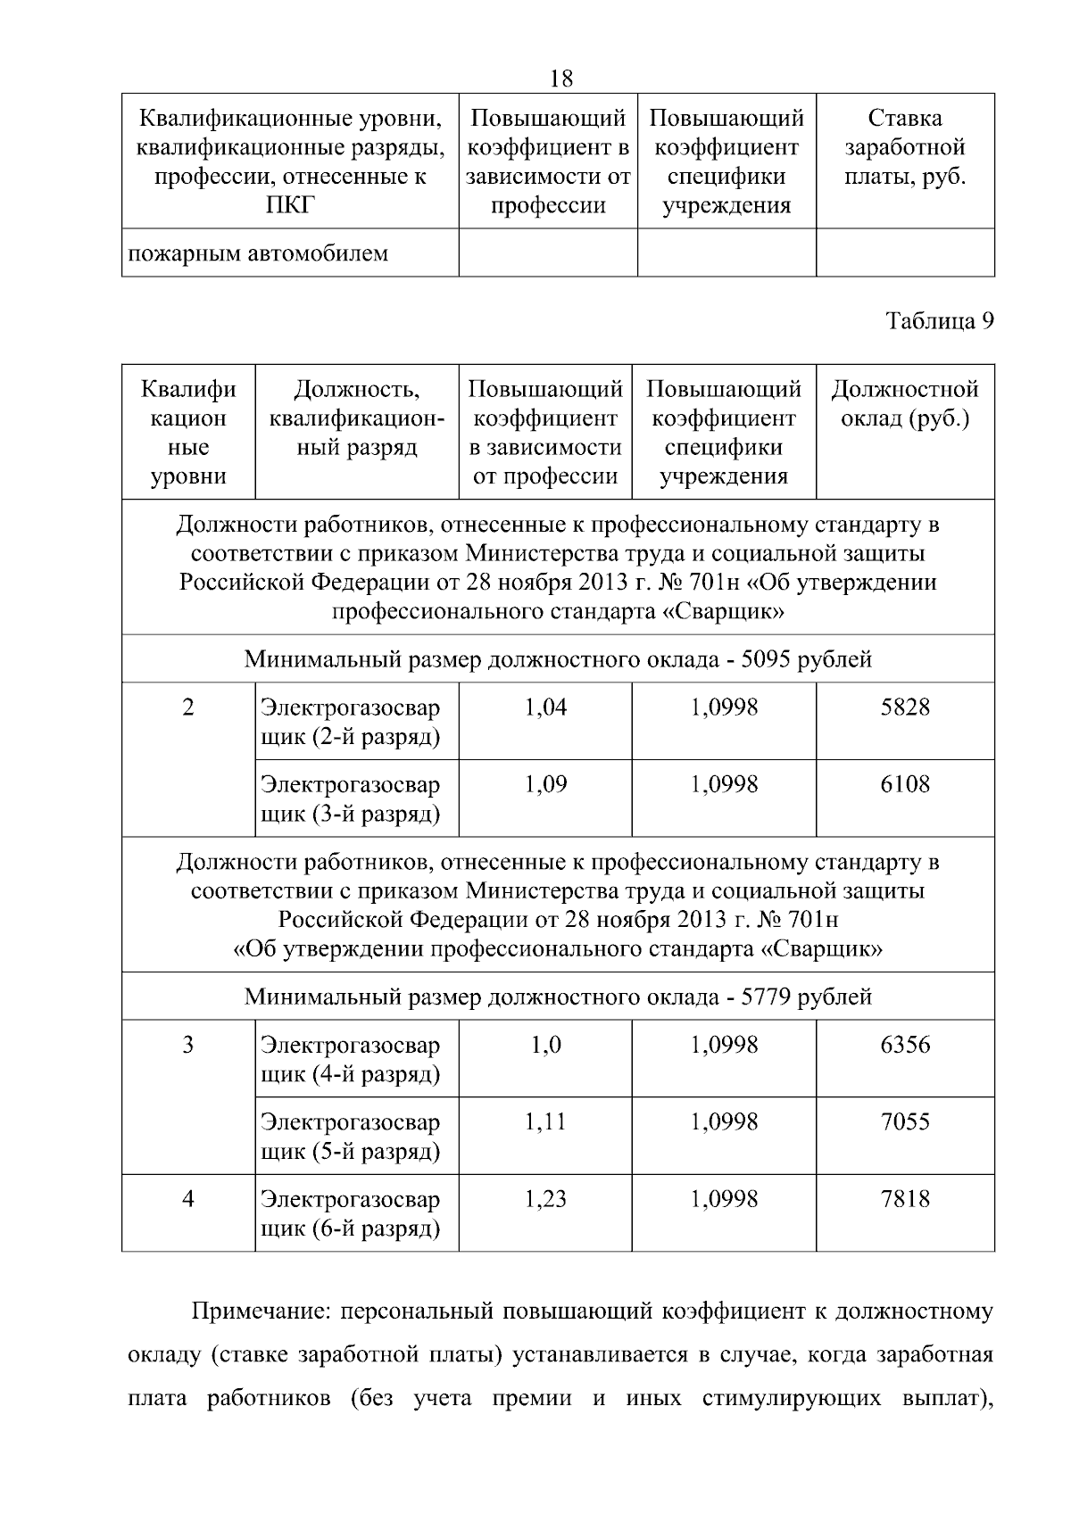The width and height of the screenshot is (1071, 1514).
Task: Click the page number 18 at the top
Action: [x=561, y=79]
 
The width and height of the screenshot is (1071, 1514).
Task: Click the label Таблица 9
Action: [x=939, y=321]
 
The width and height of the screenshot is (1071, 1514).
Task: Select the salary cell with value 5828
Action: [x=905, y=708]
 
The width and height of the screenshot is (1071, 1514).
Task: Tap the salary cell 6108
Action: [x=905, y=785]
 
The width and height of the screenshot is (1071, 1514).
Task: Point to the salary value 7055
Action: [x=905, y=1122]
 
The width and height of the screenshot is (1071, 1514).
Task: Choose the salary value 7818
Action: [x=905, y=1200]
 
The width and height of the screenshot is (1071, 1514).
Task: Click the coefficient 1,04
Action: [x=545, y=708]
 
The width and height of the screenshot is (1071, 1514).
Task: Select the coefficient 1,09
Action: [x=545, y=785]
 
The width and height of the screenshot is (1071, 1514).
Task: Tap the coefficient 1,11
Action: [x=545, y=1122]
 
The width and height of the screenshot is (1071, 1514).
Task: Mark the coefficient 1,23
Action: [x=545, y=1200]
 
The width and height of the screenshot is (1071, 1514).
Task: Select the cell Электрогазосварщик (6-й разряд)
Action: [x=351, y=1214]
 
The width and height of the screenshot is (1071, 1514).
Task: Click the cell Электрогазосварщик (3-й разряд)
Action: [x=351, y=800]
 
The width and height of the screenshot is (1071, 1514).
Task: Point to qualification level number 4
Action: [x=187, y=1200]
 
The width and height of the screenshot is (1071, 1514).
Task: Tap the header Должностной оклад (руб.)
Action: [x=905, y=404]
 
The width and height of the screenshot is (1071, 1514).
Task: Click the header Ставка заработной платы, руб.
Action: [x=905, y=147]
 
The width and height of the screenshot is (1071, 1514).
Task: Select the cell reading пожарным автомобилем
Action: [x=259, y=253]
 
